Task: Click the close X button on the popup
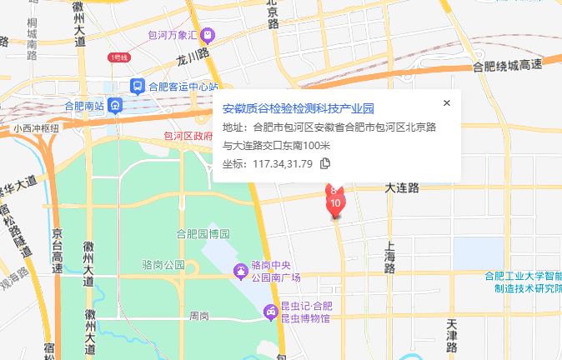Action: (447, 102)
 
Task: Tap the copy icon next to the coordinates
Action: (326, 163)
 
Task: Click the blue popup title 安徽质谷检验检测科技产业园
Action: (299, 109)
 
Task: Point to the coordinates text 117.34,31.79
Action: (282, 163)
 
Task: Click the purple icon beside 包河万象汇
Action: (208, 35)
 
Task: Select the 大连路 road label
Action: (401, 189)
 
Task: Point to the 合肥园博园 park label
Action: (203, 232)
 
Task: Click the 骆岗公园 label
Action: (163, 265)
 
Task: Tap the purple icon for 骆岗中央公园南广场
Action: (240, 271)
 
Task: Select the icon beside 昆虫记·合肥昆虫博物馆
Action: (270, 312)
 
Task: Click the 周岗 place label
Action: (199, 316)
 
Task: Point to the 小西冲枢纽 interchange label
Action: (36, 128)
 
